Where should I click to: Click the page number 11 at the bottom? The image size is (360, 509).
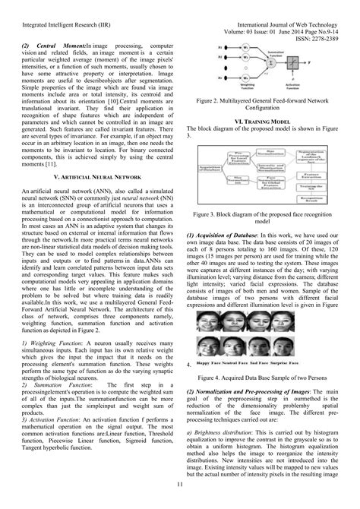coord(179,485)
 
